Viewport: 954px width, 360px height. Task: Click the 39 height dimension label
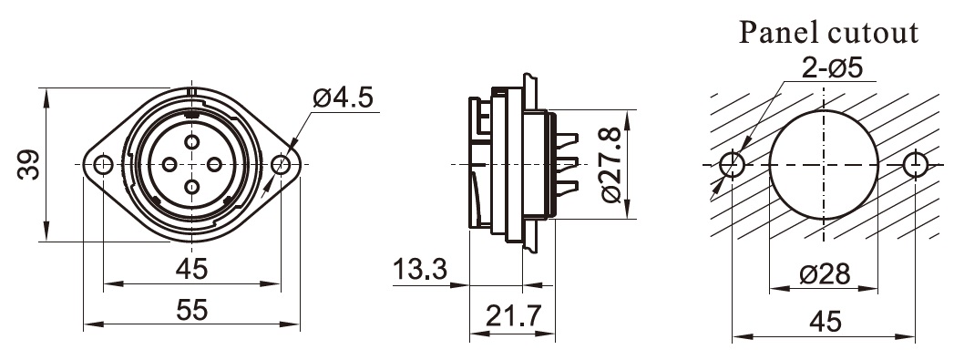click(28, 164)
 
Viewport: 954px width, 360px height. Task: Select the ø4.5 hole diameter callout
click(343, 98)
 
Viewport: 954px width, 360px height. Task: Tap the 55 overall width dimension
click(192, 311)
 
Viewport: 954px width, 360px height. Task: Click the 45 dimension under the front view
click(192, 269)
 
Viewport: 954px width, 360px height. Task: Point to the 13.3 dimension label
click(420, 269)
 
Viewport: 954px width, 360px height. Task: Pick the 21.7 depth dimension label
click(513, 315)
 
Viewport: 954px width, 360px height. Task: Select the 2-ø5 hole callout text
click(832, 68)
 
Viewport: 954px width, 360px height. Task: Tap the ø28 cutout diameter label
click(825, 274)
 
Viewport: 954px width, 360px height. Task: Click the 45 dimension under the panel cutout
click(825, 321)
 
